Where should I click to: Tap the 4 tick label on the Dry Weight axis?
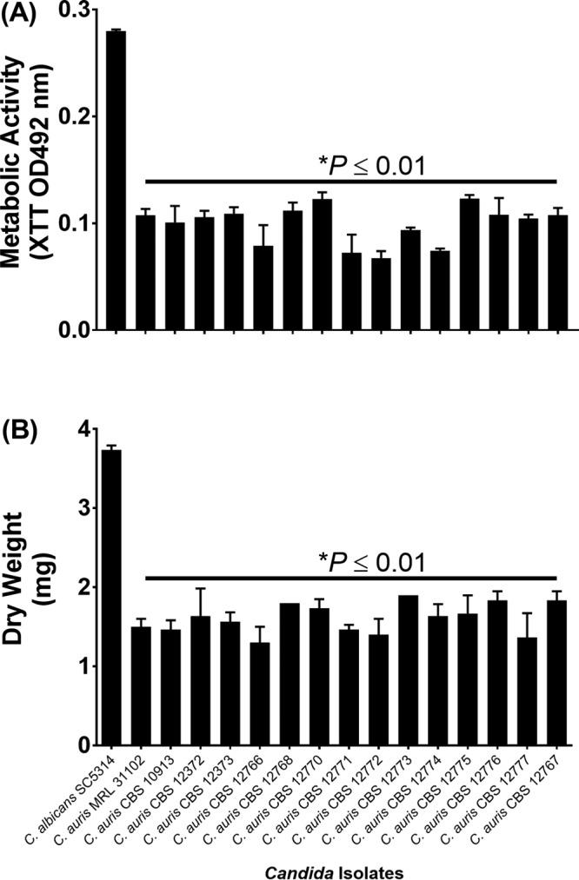click(83, 429)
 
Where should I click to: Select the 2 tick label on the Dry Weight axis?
click(83, 587)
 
